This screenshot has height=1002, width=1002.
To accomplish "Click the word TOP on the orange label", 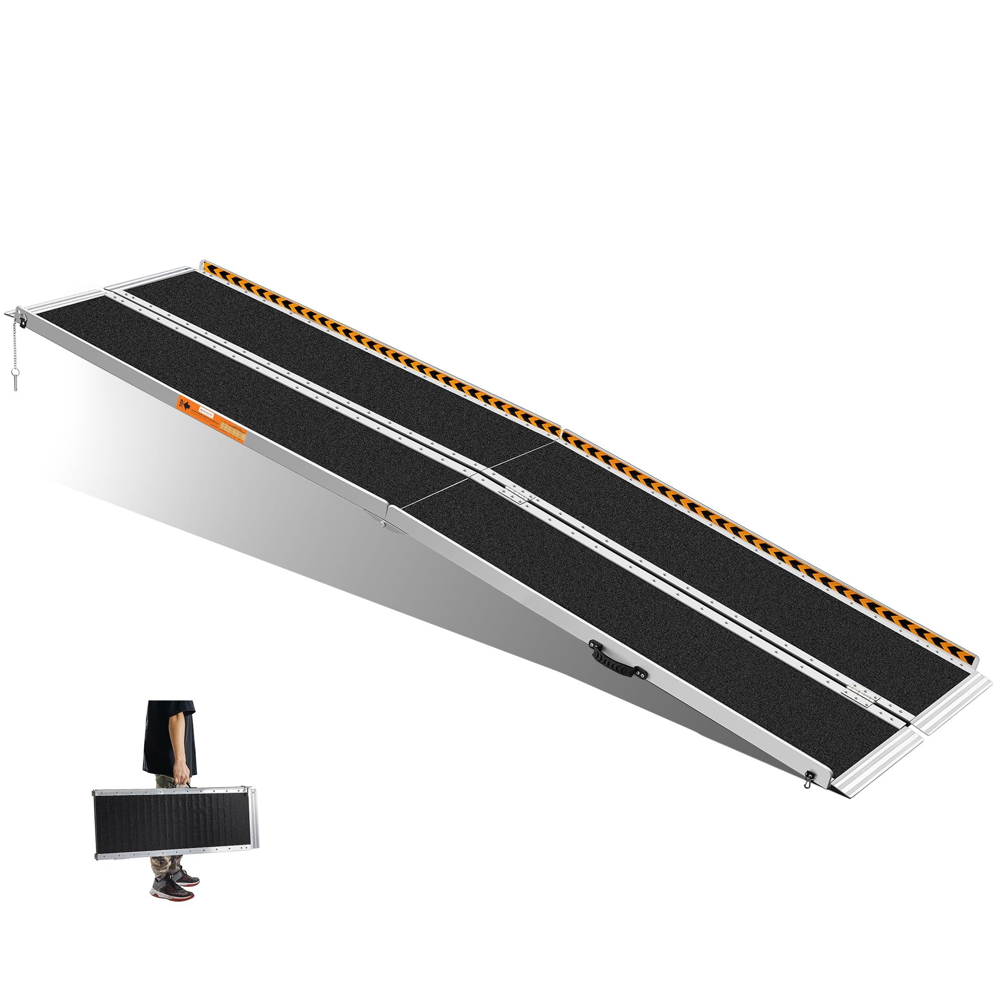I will point(182,400).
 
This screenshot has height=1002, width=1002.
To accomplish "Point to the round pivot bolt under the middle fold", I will point(382,526).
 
